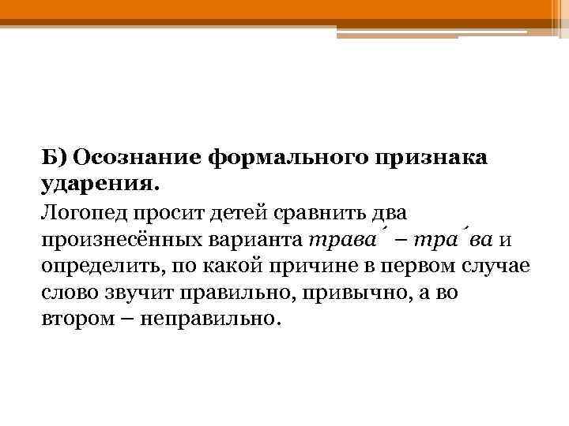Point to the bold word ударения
[100, 184]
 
